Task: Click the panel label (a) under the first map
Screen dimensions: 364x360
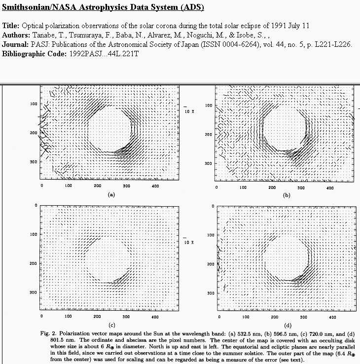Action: click(x=111, y=195)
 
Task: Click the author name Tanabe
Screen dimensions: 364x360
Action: click(x=44, y=35)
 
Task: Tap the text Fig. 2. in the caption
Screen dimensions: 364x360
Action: click(x=48, y=334)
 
